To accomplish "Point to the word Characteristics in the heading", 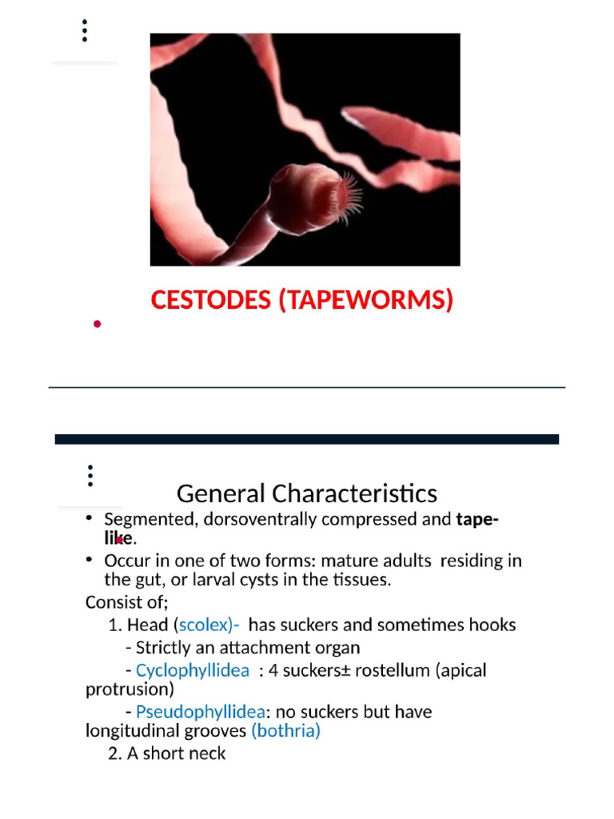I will tap(354, 492).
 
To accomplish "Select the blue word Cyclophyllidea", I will tap(193, 669).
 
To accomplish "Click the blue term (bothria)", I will tap(285, 730).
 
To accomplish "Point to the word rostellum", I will tap(394, 669).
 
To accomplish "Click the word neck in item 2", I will tap(209, 753).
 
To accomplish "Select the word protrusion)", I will tap(130, 689).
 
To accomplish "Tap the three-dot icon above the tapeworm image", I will tap(85, 30).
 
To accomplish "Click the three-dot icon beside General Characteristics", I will tap(90, 476).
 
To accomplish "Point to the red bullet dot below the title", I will tap(97, 324).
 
